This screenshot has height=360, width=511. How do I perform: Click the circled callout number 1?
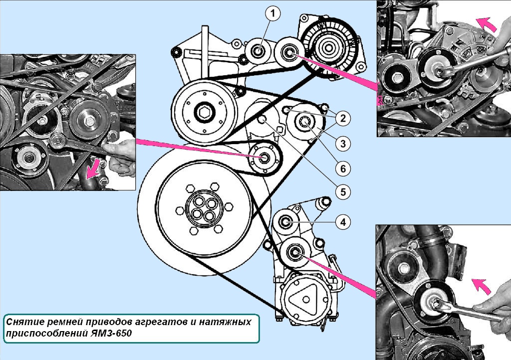click(x=273, y=13)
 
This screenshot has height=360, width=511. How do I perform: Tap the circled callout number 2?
click(x=343, y=119)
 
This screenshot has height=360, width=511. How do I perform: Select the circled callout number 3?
click(x=343, y=144)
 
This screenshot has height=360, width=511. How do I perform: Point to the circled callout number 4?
click(x=343, y=222)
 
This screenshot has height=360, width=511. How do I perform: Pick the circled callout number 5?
click(x=343, y=192)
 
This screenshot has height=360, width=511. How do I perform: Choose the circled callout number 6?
click(x=343, y=169)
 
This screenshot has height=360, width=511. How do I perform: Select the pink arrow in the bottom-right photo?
click(x=482, y=286)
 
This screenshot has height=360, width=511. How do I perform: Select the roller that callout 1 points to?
click(x=258, y=51)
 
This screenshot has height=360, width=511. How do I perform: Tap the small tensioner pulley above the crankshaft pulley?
click(x=264, y=159)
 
